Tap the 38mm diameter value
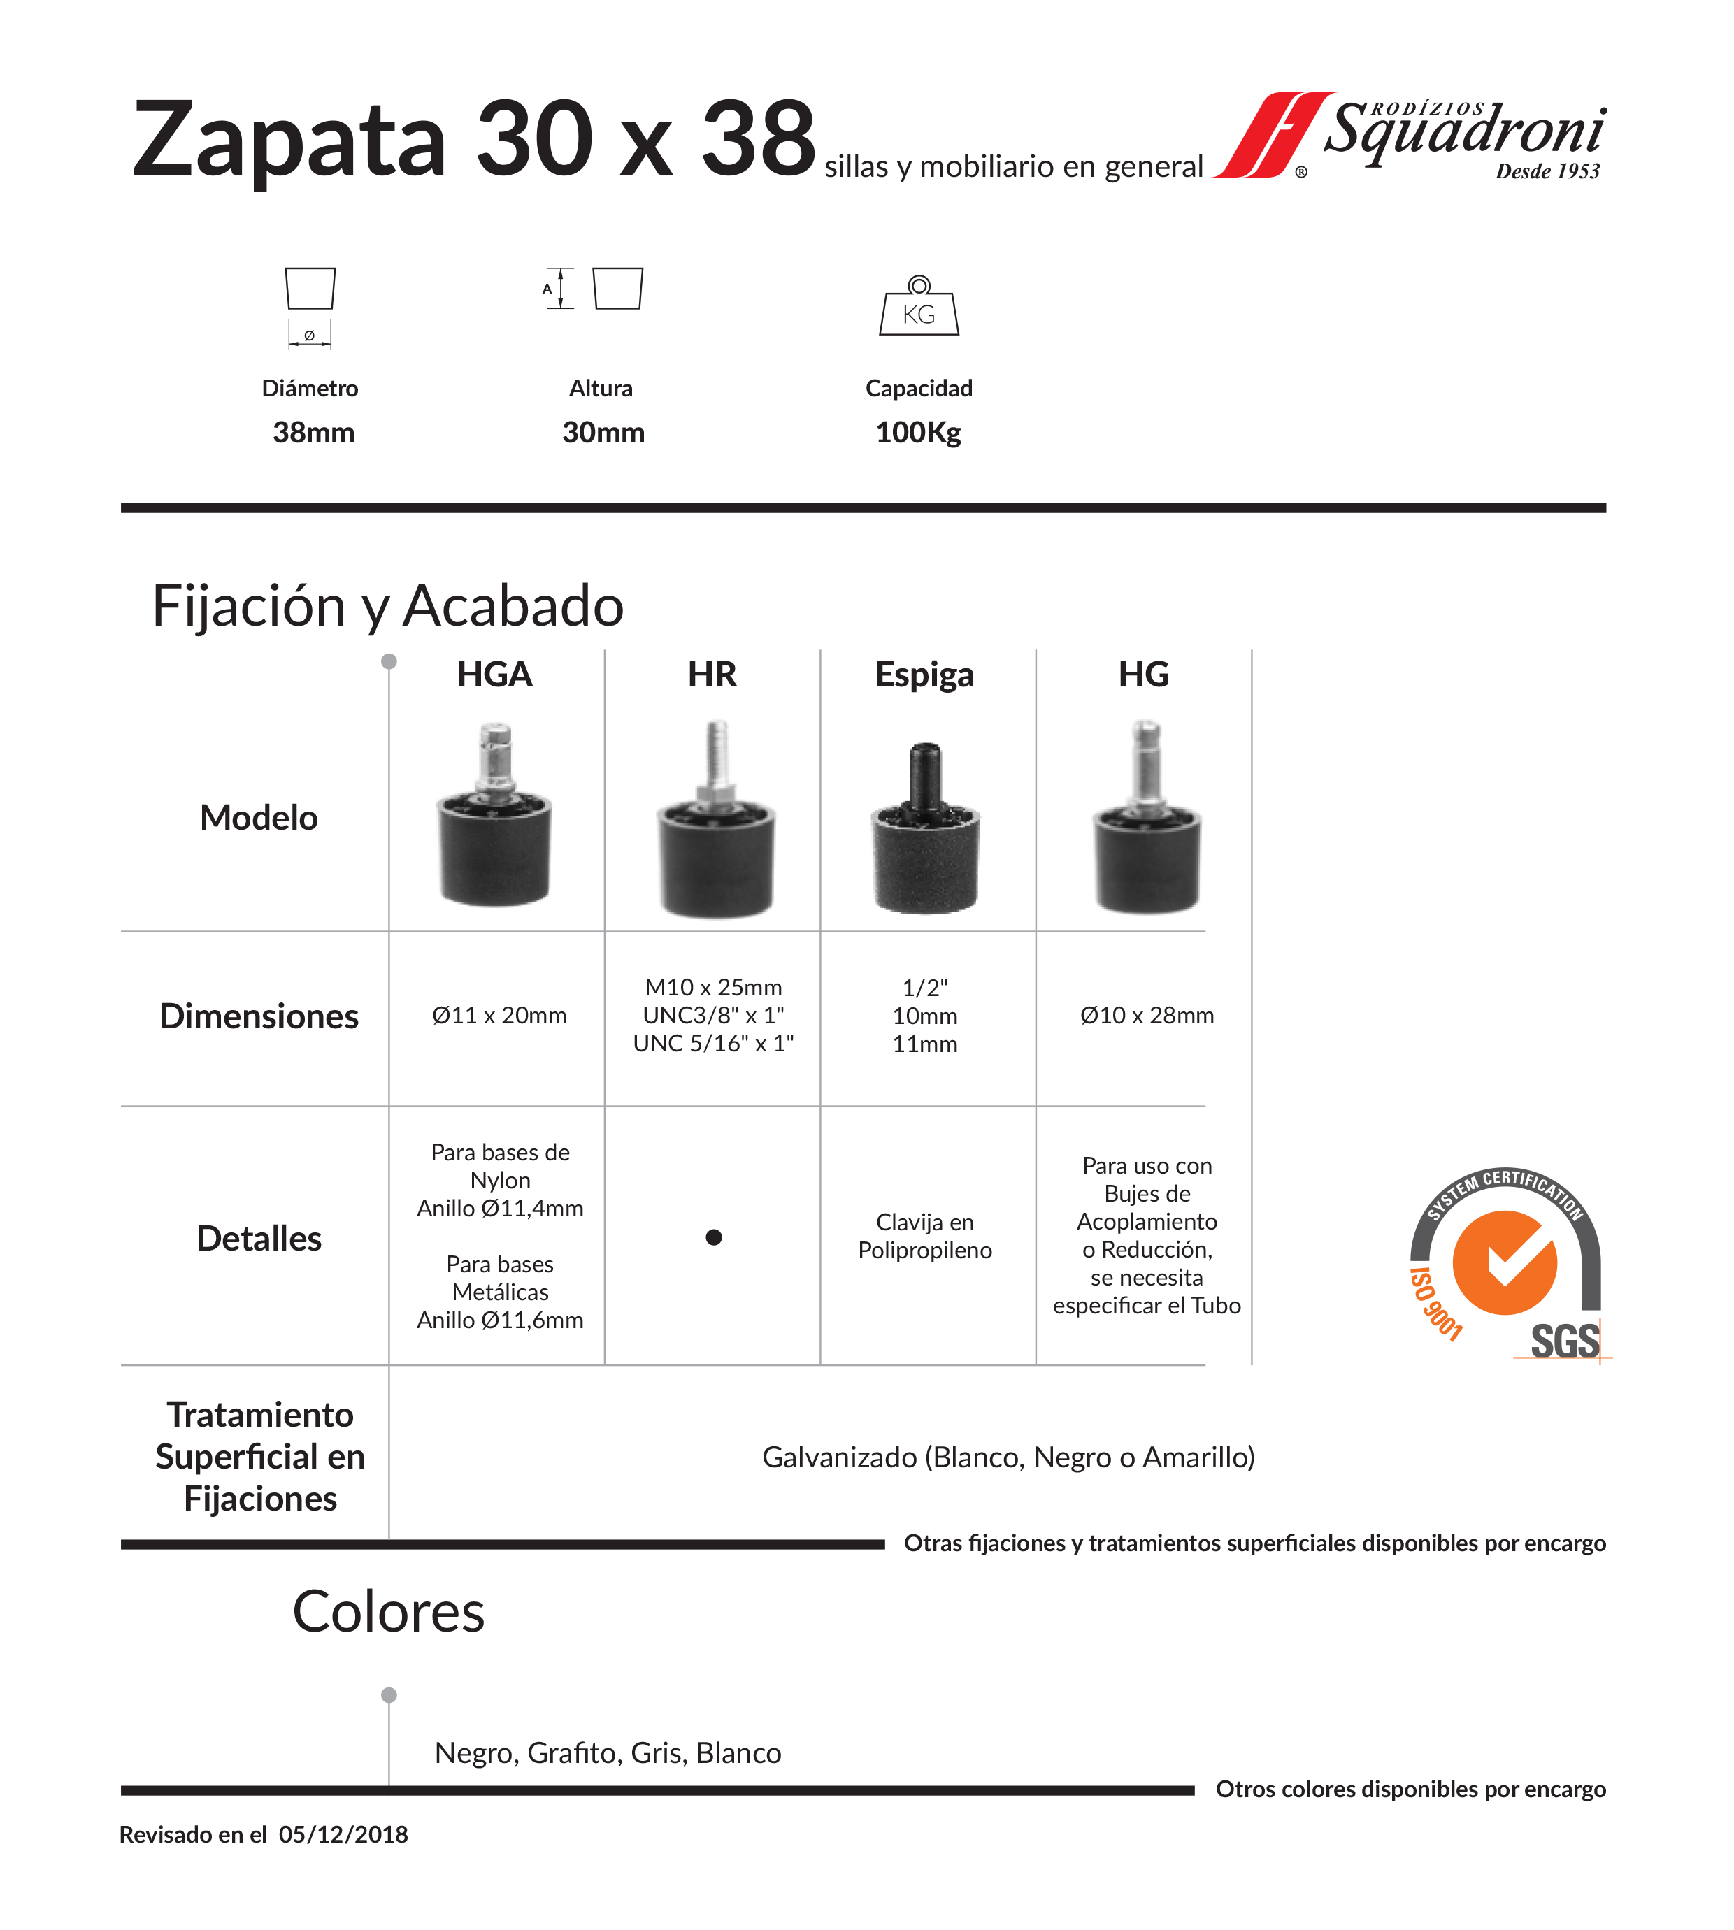pyautogui.click(x=313, y=433)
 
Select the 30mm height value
pyautogui.click(x=603, y=433)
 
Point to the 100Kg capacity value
pyautogui.click(x=917, y=433)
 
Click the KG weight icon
pyautogui.click(x=919, y=307)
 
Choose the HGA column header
pyautogui.click(x=494, y=675)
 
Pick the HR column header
pyautogui.click(x=712, y=675)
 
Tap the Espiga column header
pyautogui.click(x=924, y=675)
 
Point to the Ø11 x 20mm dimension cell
pyautogui.click(x=499, y=1016)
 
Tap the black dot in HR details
pyautogui.click(x=714, y=1237)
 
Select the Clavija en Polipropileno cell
pyautogui.click(x=924, y=1236)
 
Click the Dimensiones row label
pyautogui.click(x=259, y=1016)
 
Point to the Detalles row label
pyautogui.click(x=259, y=1239)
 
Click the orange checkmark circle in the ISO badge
pyautogui.click(x=1505, y=1262)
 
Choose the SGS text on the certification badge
pyautogui.click(x=1564, y=1341)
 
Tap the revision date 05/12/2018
pyautogui.click(x=343, y=1835)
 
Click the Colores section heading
pyautogui.click(x=389, y=1612)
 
